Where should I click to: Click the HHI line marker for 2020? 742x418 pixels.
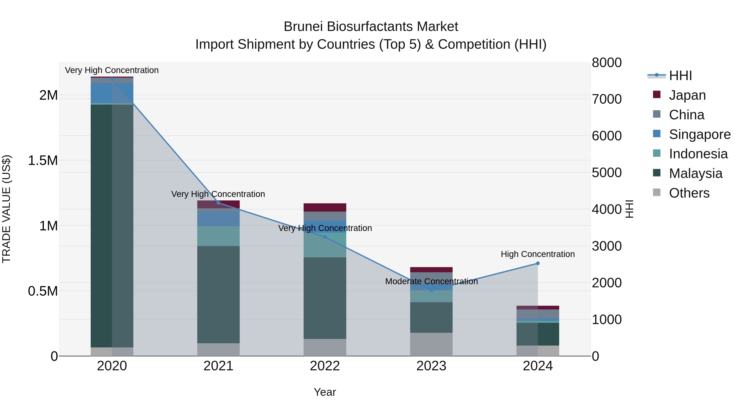coord(112,79)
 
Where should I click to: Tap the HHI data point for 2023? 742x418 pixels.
coord(431,290)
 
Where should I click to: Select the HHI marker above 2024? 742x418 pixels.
coord(538,263)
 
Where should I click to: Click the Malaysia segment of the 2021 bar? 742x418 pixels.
coord(218,294)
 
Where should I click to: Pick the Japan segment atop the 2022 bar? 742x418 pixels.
coord(325,207)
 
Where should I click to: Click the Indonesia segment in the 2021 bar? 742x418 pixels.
coord(218,236)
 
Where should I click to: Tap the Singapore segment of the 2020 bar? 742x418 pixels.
coord(112,93)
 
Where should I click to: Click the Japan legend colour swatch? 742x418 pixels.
coord(656,95)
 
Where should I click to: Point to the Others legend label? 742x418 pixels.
coord(689,193)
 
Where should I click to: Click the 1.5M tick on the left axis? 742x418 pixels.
coord(43,161)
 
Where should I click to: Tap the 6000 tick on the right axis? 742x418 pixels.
coord(607,136)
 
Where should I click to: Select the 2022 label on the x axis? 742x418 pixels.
coord(325,366)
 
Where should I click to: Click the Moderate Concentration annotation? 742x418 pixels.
coord(431,281)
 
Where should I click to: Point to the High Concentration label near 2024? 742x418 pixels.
coord(538,254)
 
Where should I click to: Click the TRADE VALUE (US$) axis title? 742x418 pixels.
coord(6,209)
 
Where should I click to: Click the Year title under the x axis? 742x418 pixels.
coord(325,392)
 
